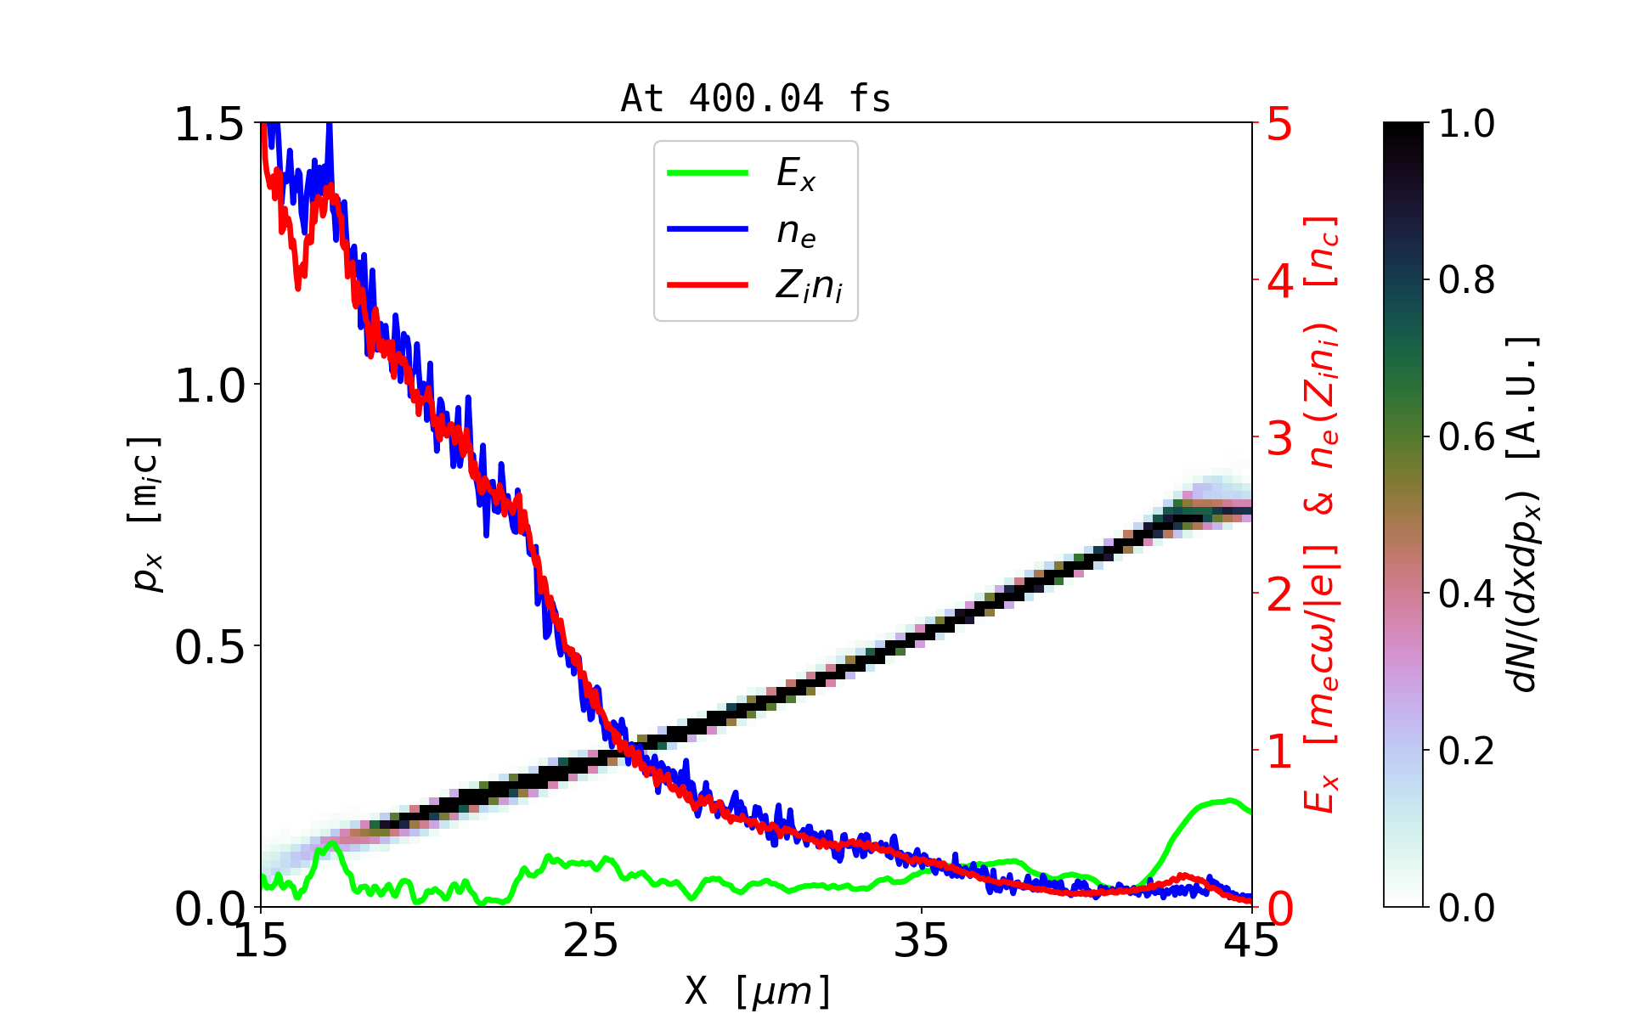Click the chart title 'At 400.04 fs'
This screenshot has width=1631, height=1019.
click(755, 99)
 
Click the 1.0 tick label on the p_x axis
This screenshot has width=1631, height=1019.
click(209, 386)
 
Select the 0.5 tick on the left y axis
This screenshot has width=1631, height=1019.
click(209, 648)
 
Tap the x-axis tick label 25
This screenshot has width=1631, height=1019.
click(591, 941)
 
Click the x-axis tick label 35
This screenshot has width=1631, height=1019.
click(922, 941)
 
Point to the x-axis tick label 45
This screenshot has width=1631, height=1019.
click(1252, 941)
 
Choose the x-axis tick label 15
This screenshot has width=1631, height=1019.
click(261, 941)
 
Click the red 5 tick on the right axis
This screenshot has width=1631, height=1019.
click(1280, 125)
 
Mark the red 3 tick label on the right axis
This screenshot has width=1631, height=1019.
click(1280, 438)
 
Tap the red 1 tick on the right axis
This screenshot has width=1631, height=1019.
click(1280, 752)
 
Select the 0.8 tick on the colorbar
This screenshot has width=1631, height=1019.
click(1466, 280)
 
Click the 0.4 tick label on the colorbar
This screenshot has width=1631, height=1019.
click(1466, 594)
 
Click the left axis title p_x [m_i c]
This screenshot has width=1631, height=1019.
click(145, 514)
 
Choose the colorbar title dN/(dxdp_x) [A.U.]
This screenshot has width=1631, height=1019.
click(1526, 514)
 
